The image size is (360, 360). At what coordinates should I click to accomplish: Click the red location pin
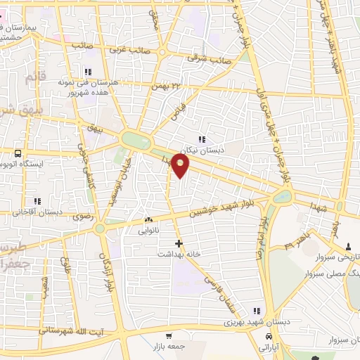(x=181, y=166)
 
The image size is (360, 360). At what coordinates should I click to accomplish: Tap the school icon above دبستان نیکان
(x=202, y=139)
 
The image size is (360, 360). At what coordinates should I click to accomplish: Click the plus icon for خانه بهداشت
(x=179, y=243)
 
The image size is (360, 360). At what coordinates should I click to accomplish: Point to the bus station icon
(x=18, y=153)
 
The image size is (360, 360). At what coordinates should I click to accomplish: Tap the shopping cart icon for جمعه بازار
(x=169, y=336)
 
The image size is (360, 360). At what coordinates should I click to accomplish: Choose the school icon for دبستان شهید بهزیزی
(x=257, y=311)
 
